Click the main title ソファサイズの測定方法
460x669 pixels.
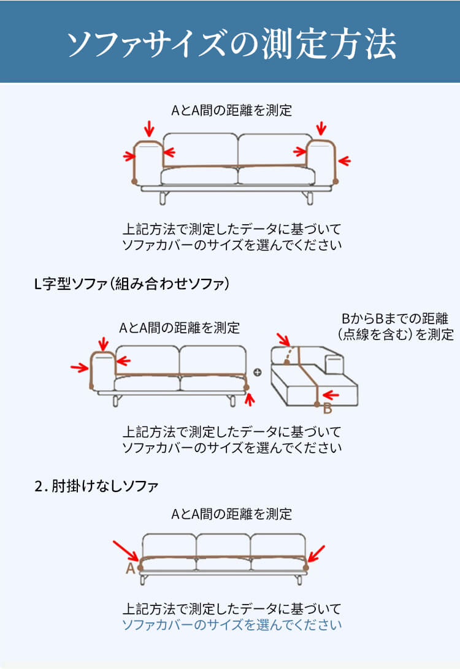(231, 43)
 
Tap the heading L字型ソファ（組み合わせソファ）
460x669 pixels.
(131, 283)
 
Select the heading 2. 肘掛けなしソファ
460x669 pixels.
(96, 486)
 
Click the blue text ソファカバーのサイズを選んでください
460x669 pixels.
(232, 625)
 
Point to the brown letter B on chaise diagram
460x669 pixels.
(328, 408)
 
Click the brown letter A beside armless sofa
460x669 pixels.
(130, 568)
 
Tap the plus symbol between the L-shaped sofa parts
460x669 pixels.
(258, 372)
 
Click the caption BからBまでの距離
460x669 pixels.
(394, 319)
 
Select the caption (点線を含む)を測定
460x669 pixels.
(396, 334)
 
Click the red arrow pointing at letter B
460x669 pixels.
(331, 395)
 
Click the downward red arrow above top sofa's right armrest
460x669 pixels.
(321, 128)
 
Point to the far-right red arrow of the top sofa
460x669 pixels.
(344, 161)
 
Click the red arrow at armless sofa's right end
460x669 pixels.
(316, 553)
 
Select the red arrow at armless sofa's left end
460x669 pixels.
(126, 551)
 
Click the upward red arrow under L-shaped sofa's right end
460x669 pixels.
(250, 399)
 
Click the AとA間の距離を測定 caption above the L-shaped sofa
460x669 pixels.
(179, 328)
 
